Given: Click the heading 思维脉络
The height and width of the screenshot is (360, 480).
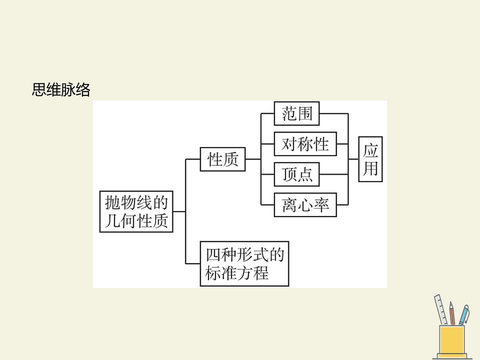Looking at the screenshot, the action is pyautogui.click(x=61, y=90).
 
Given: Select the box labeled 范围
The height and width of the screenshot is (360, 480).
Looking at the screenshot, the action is pyautogui.click(x=297, y=113).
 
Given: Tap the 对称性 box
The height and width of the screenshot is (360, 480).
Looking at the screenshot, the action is pyautogui.click(x=305, y=144).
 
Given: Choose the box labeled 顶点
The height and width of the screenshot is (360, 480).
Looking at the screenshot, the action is pyautogui.click(x=297, y=174).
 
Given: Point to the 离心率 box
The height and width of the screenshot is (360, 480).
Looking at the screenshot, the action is pyautogui.click(x=305, y=205).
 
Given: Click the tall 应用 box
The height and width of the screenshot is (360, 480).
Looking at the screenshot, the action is pyautogui.click(x=370, y=159).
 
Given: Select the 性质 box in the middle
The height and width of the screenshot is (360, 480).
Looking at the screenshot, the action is pyautogui.click(x=223, y=159).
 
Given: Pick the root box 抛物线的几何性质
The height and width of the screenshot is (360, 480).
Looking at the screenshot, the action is pyautogui.click(x=136, y=212).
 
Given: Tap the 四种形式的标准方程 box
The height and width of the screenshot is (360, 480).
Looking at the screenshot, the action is pyautogui.click(x=244, y=264).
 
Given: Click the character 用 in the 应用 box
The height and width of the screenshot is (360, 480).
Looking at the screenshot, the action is pyautogui.click(x=370, y=169).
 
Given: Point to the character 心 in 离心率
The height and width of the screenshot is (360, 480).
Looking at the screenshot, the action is pyautogui.click(x=305, y=205).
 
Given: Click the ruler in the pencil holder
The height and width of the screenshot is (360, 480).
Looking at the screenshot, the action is pyautogui.click(x=441, y=310).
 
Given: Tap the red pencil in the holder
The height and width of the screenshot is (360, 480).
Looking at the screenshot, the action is pyautogui.click(x=452, y=313).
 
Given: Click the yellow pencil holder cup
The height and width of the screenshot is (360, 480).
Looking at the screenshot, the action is pyautogui.click(x=452, y=339).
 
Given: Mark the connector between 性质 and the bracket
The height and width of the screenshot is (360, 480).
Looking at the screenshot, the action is pyautogui.click(x=253, y=159).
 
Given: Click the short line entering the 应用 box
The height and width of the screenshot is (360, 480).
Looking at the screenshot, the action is pyautogui.click(x=353, y=159).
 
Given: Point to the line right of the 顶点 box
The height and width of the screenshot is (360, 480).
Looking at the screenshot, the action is pyautogui.click(x=334, y=174).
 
